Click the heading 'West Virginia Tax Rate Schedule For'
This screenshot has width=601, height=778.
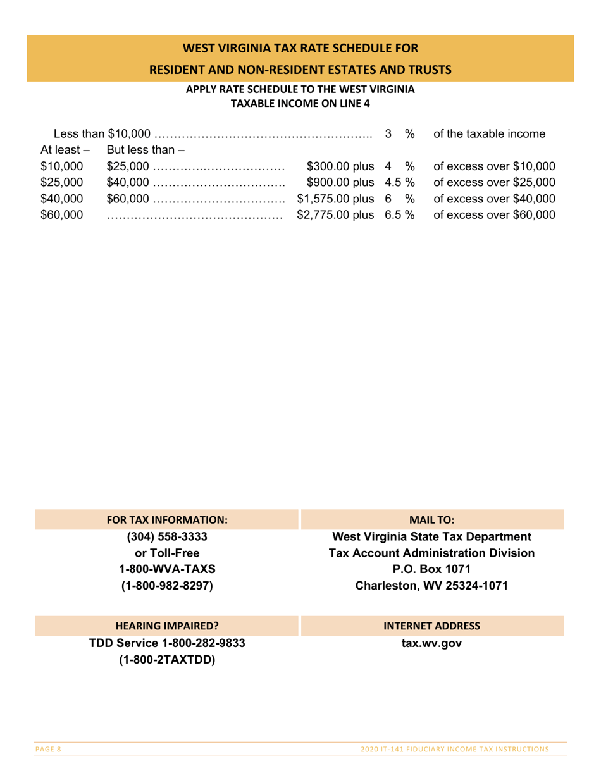[x=300, y=48]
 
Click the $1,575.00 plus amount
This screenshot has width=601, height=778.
[x=334, y=199]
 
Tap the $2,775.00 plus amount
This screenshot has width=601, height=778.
[x=334, y=216]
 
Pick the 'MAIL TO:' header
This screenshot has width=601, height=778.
[x=432, y=521]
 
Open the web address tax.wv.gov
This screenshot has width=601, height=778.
[x=432, y=643]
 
